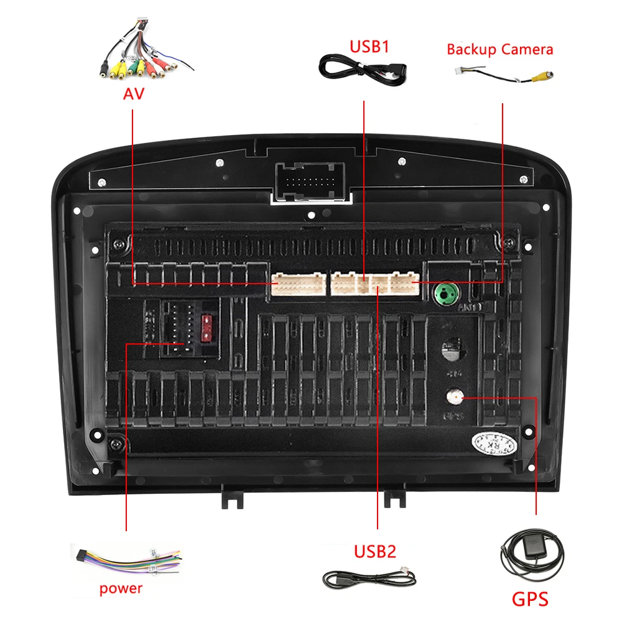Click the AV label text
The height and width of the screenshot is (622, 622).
[132, 93]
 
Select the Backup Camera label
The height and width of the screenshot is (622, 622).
[499, 50]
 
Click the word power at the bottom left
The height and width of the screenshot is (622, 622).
[121, 588]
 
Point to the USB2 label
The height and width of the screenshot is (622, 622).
[375, 551]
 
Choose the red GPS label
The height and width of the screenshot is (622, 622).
[530, 599]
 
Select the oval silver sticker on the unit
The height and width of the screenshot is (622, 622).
[494, 443]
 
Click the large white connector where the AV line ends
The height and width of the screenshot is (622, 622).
[299, 285]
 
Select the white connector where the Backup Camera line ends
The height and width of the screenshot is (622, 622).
[405, 284]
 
